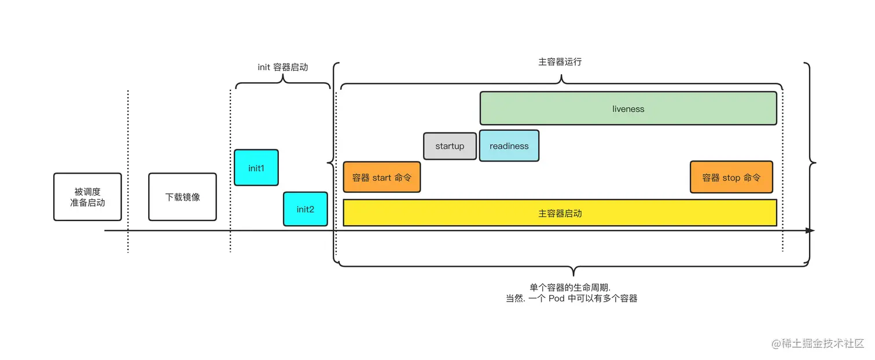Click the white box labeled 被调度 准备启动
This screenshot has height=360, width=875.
[87, 197]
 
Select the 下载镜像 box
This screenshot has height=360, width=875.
[182, 197]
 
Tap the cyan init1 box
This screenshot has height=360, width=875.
[256, 168]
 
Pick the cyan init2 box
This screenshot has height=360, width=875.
[305, 209]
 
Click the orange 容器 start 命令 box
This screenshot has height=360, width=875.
[381, 177]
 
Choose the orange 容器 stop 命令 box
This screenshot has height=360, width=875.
[731, 177]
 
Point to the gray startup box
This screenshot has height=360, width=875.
[450, 146]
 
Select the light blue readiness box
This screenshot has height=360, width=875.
[509, 146]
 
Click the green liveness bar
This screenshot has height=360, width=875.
[628, 108]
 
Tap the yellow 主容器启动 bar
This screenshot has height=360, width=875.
[560, 213]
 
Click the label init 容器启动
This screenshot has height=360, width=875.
[283, 67]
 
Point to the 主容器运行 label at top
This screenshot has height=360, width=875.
[560, 61]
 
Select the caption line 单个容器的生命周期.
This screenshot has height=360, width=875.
[571, 288]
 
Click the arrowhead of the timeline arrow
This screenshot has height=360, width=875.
[810, 230]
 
